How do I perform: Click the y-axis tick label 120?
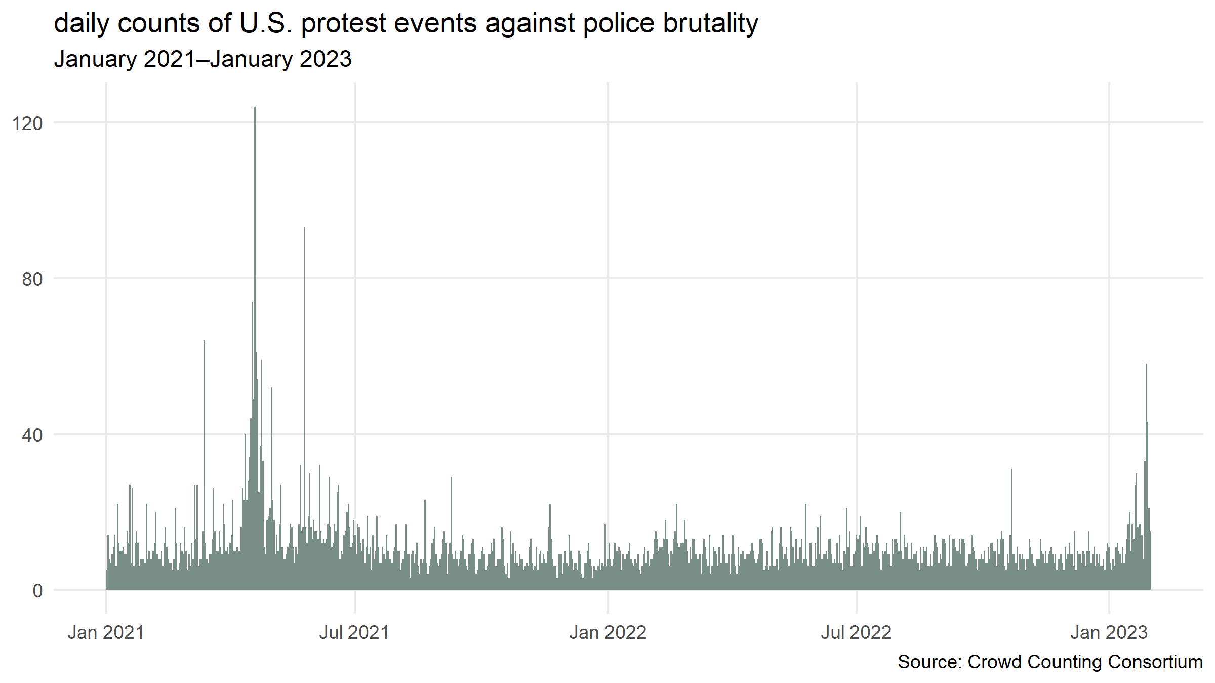click(x=27, y=123)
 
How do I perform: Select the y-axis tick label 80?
click(x=32, y=279)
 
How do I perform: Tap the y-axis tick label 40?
click(x=32, y=435)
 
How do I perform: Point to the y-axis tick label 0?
click(x=37, y=591)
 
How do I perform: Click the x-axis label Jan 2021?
click(x=106, y=633)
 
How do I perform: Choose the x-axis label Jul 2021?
click(x=354, y=633)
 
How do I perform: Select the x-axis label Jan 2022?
click(x=607, y=633)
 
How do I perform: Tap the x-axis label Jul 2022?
click(x=856, y=633)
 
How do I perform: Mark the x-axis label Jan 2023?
click(x=1109, y=633)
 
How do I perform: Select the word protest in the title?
click(x=344, y=24)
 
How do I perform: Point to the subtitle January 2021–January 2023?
click(x=202, y=59)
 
